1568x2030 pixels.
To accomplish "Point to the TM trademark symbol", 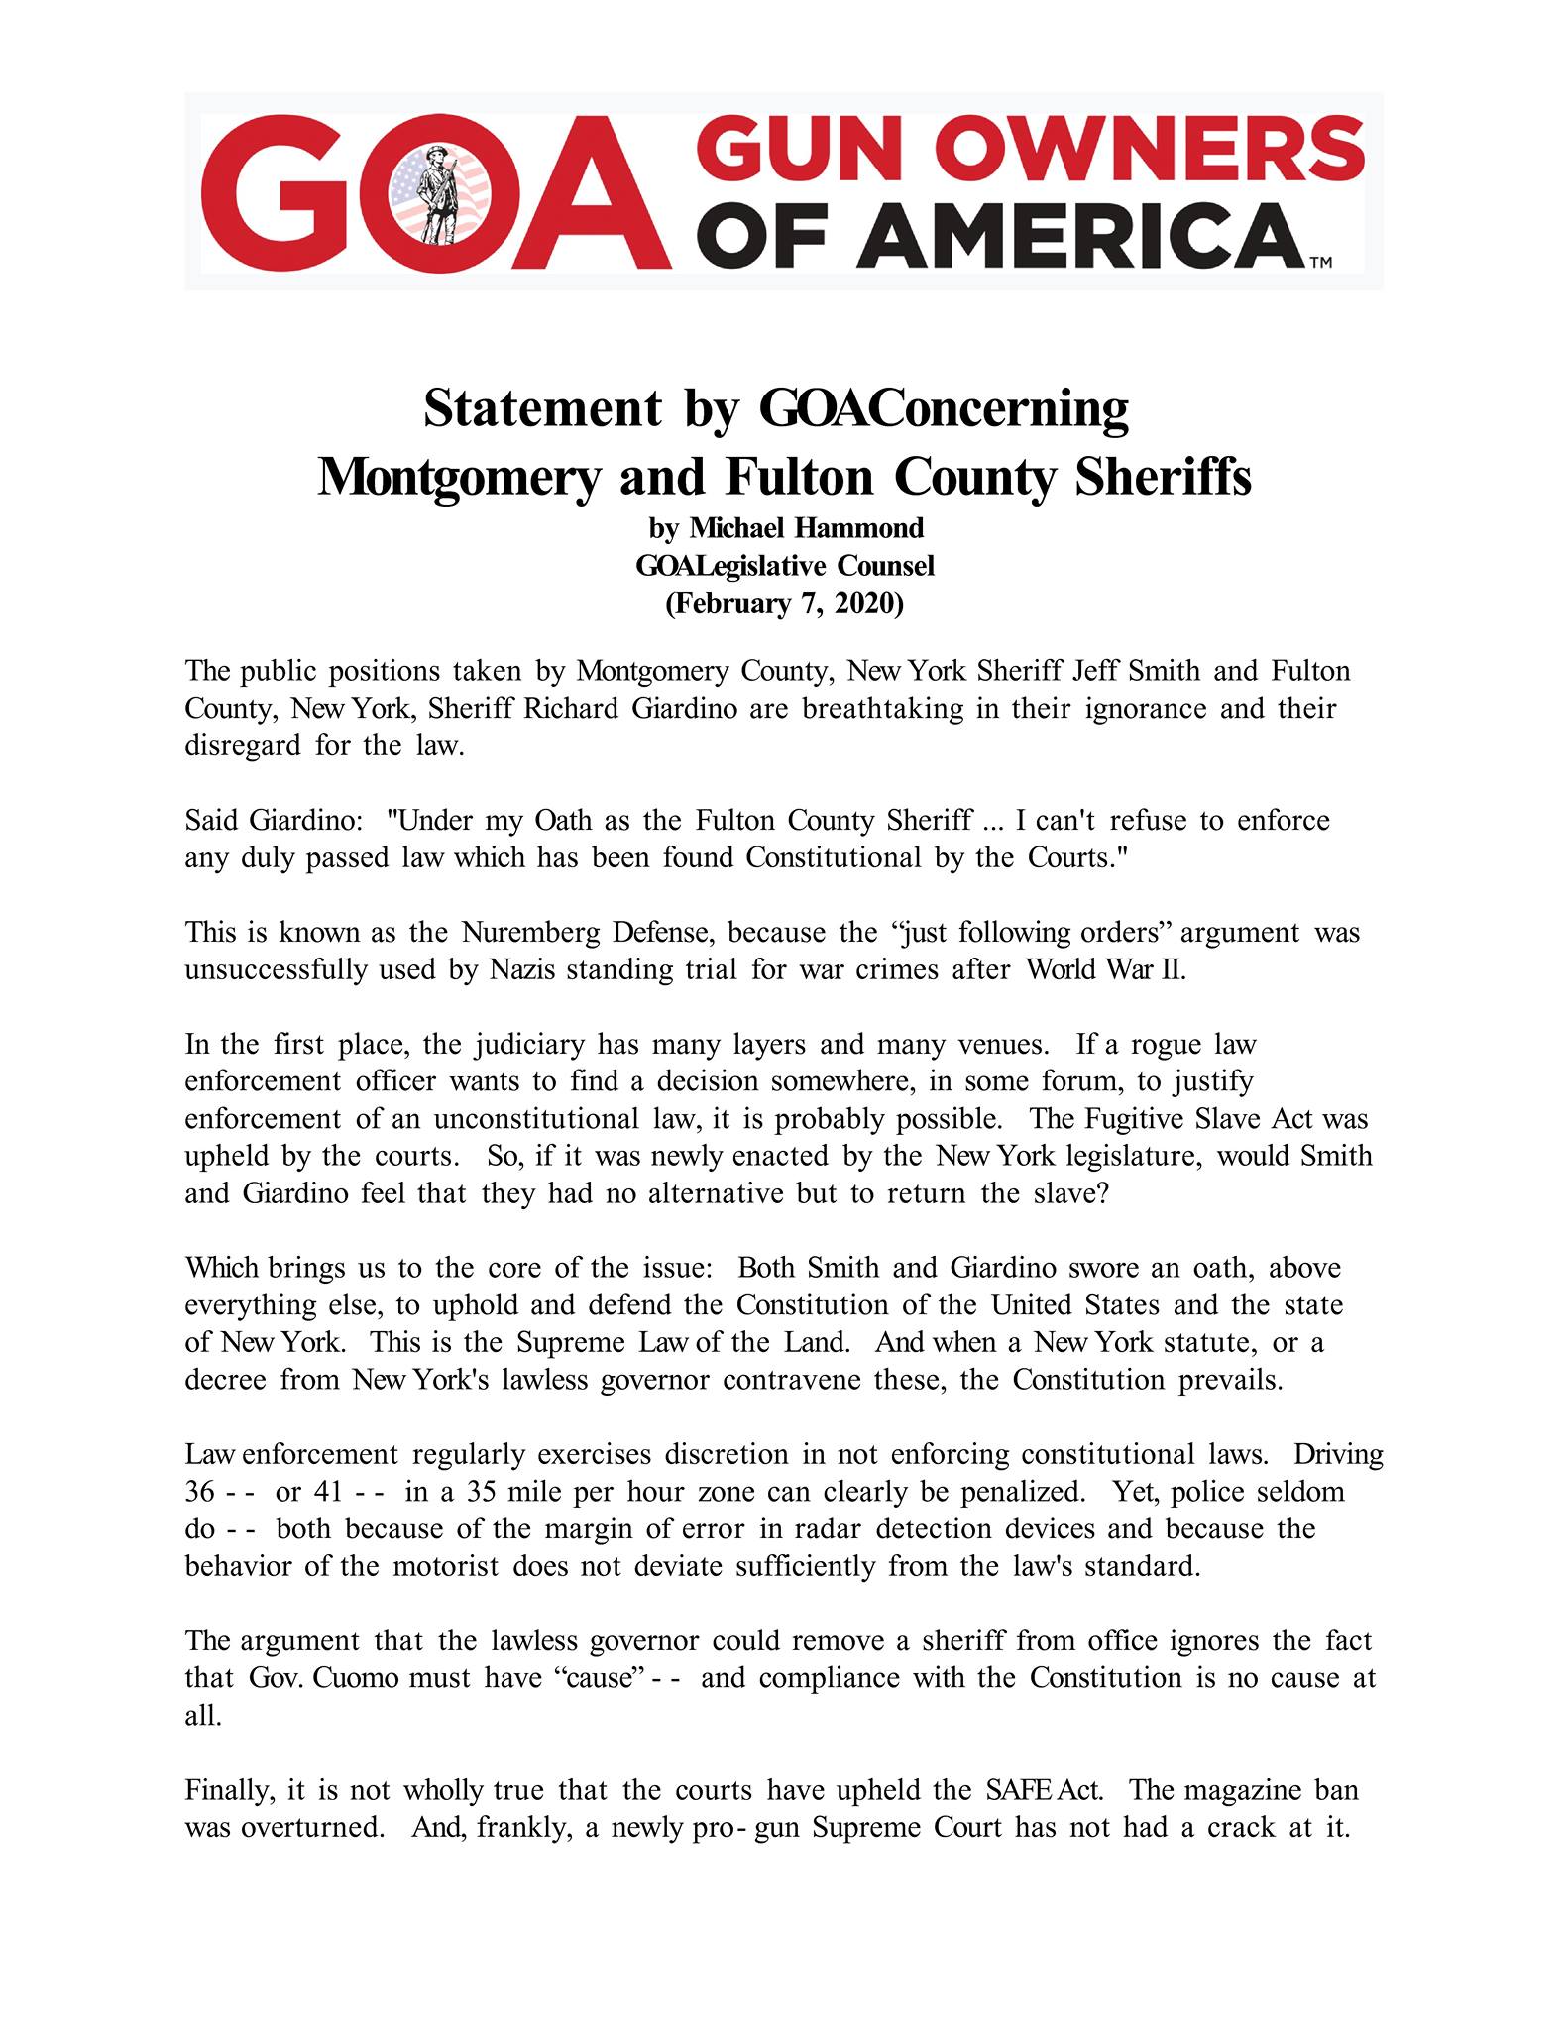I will click(x=1320, y=264).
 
